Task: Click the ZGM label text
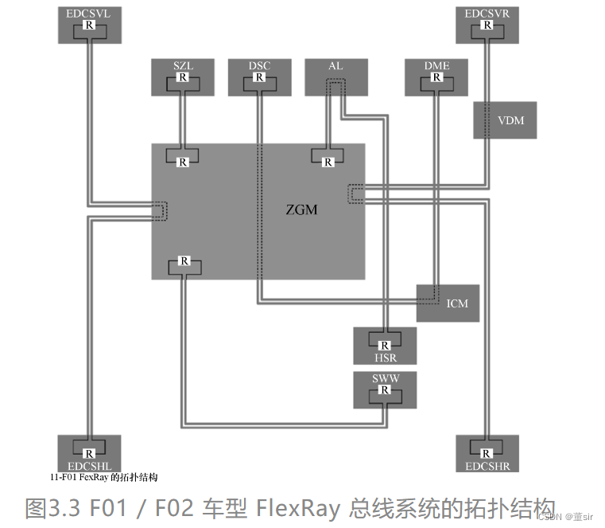click(x=302, y=210)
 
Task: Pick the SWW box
click(x=385, y=389)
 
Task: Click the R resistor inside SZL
click(x=183, y=78)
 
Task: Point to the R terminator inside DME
click(x=436, y=78)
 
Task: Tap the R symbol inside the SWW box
click(x=385, y=390)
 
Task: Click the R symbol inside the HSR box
click(x=385, y=345)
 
